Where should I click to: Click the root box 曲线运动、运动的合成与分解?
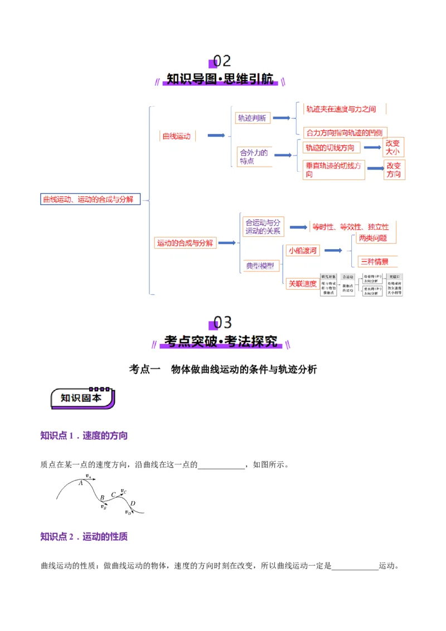(x=89, y=199)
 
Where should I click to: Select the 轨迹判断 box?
(x=253, y=118)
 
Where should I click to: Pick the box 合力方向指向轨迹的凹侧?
(x=345, y=133)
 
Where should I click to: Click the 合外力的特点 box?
(x=254, y=157)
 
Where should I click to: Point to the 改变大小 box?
(x=393, y=147)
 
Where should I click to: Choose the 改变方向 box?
(x=394, y=170)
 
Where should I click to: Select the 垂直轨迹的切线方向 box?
(x=333, y=170)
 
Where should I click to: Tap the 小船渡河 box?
(x=302, y=251)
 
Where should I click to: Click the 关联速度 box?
(x=302, y=284)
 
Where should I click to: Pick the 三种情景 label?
(x=374, y=261)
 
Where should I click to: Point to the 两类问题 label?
(x=373, y=238)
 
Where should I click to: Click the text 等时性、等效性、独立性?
(x=351, y=227)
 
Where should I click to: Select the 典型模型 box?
(x=260, y=266)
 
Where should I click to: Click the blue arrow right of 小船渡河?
(x=333, y=251)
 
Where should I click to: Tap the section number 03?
(x=222, y=323)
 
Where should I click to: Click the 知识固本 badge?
(x=83, y=398)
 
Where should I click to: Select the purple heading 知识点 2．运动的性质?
(x=84, y=537)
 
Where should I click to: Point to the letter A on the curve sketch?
(x=81, y=483)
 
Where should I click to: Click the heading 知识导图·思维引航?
(x=220, y=79)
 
